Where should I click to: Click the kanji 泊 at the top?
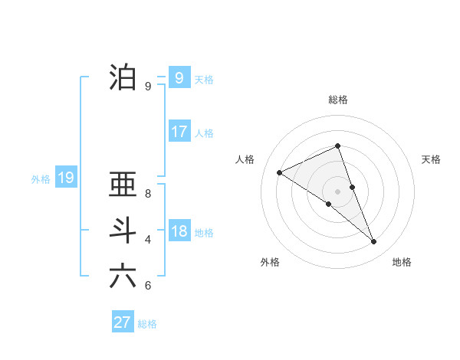pyautogui.click(x=123, y=77)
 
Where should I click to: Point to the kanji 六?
pyautogui.click(x=123, y=276)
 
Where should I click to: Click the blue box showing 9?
pyautogui.click(x=179, y=77)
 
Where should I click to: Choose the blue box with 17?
pyautogui.click(x=179, y=132)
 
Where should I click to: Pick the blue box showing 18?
pyautogui.click(x=179, y=231)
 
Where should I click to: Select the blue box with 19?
pyautogui.click(x=66, y=178)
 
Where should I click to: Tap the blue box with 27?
pyautogui.click(x=123, y=322)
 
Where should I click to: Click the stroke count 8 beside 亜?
pyautogui.click(x=148, y=194)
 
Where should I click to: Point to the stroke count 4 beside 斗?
pyautogui.click(x=148, y=240)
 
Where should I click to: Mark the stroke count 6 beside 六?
pyautogui.click(x=148, y=286)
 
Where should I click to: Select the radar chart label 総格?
pyautogui.click(x=338, y=100)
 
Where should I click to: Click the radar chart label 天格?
pyautogui.click(x=431, y=159)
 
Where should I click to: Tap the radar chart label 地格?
pyautogui.click(x=402, y=262)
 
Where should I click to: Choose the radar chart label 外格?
pyautogui.click(x=270, y=262)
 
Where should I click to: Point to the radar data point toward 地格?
pyautogui.click(x=374, y=242)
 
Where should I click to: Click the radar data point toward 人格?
pyautogui.click(x=280, y=173)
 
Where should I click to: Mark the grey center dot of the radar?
pyautogui.click(x=337, y=191)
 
